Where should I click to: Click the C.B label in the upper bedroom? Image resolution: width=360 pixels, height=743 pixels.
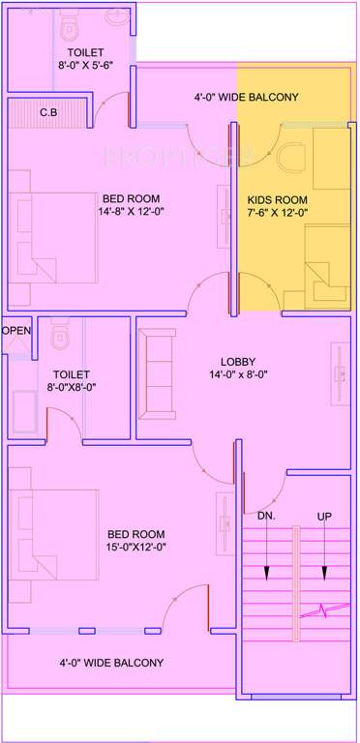[47, 113]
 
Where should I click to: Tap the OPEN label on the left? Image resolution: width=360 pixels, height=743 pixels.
[16, 331]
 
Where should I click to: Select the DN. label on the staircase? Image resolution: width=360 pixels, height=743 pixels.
[266, 516]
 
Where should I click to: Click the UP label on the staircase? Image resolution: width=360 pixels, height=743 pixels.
[325, 516]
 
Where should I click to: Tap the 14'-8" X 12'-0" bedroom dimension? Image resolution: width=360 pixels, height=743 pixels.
[135, 212]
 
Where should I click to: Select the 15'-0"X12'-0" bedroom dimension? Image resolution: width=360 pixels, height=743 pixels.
[135, 548]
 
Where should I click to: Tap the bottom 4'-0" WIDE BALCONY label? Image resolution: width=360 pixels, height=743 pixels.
[111, 664]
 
